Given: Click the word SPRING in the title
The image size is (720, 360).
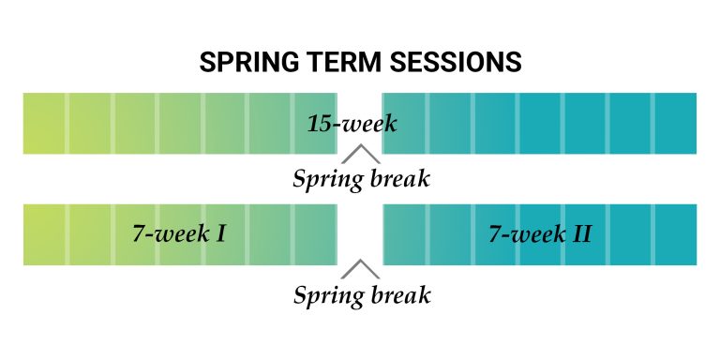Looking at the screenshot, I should [x=246, y=64].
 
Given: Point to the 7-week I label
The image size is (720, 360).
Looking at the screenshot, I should [x=179, y=233].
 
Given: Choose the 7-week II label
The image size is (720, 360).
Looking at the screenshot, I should [x=540, y=233].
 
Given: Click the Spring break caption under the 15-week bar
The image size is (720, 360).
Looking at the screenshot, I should [x=362, y=178].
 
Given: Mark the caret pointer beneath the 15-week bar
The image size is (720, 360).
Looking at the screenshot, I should [x=360, y=154].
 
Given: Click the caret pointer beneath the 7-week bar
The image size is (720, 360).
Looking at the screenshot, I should [x=360, y=270].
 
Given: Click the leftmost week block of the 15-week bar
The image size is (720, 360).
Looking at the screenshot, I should [x=45, y=123].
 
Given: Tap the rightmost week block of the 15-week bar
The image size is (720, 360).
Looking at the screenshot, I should [x=676, y=123].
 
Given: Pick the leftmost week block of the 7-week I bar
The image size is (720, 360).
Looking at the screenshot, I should [x=45, y=233].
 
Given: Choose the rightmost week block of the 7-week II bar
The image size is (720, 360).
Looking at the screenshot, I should [x=676, y=233].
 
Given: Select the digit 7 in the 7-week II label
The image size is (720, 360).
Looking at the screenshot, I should [x=495, y=233].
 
